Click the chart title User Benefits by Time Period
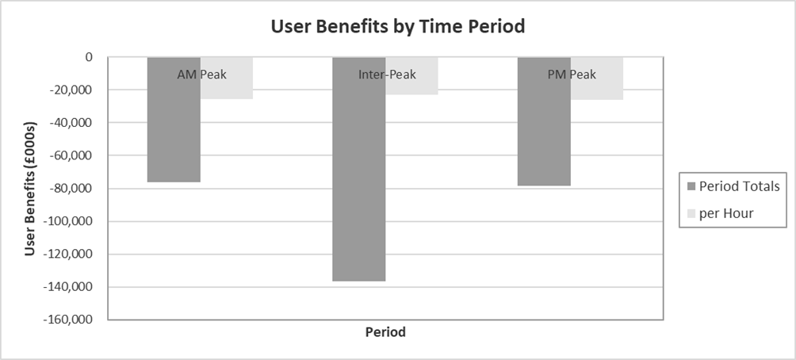coord(398,26)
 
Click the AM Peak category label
coord(201,75)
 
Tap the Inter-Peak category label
coord(385,75)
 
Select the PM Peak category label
coord(571,75)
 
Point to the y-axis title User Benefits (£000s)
coord(30,188)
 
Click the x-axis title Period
coord(385,333)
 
